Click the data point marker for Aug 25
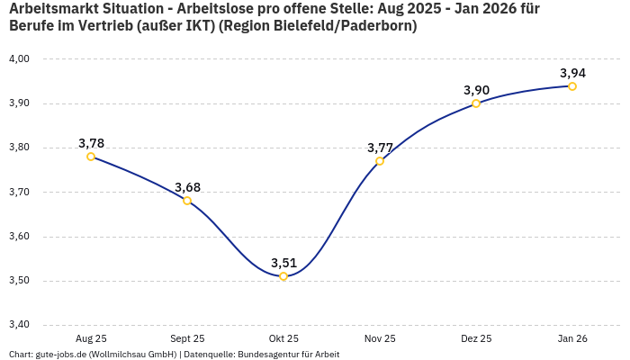(x=91, y=157)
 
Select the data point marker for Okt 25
(x=283, y=276)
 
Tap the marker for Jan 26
(x=572, y=86)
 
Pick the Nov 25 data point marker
(x=380, y=161)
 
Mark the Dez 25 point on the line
(x=476, y=103)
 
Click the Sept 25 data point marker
(x=187, y=201)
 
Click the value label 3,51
(x=283, y=263)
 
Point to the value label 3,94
(x=572, y=73)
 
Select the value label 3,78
(x=91, y=143)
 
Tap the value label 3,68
(x=187, y=187)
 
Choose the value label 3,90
(x=476, y=90)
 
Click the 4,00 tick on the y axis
(x=19, y=59)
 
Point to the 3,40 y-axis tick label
(x=19, y=325)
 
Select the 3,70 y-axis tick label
(x=19, y=193)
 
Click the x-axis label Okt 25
(x=283, y=338)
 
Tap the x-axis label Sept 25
(x=187, y=338)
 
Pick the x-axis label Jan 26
(x=572, y=338)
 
